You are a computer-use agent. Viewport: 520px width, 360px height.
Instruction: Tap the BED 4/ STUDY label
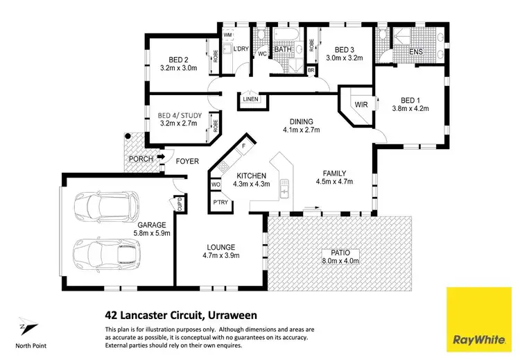tap(177, 116)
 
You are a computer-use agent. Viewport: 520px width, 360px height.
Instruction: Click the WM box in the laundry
tap(227, 34)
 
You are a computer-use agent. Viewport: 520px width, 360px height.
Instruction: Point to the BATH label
tap(282, 49)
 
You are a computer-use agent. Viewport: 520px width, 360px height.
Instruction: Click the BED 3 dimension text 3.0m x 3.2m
tap(345, 59)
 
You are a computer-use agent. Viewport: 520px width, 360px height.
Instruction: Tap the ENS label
tap(417, 51)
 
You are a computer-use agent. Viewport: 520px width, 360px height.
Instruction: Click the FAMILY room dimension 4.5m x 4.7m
tap(334, 182)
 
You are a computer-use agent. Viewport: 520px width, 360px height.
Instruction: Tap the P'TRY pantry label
tap(221, 203)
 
